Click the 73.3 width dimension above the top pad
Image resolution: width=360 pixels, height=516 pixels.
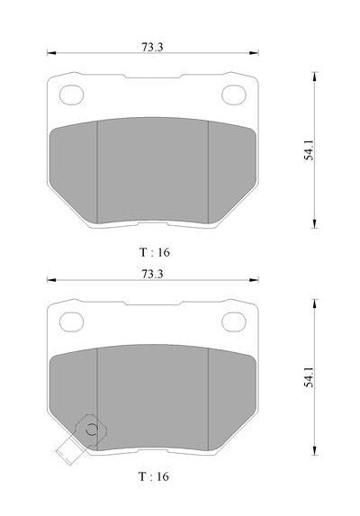coord(152,47)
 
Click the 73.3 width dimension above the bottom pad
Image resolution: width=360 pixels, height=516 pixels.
coord(152,274)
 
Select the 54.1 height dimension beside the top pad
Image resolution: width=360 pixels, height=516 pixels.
coord(309,150)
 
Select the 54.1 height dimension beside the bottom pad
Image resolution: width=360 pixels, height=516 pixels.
coord(309,377)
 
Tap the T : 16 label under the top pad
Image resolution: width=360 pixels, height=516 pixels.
coord(155,252)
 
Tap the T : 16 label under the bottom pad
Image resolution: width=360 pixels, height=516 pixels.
coord(154,476)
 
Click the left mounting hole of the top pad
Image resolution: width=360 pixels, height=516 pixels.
coord(71,95)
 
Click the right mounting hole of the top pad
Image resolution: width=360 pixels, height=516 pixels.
coord(234,95)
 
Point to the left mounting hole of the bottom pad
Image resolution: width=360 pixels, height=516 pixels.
coord(71,321)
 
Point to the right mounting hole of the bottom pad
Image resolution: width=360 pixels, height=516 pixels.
coord(234,321)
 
